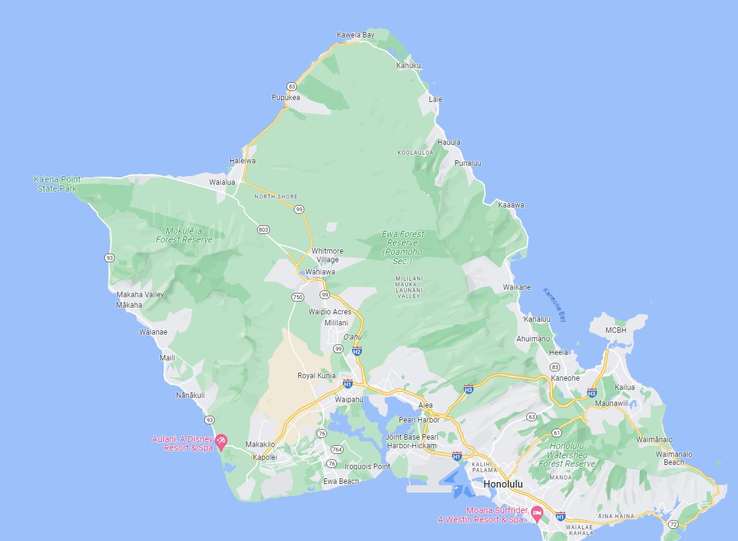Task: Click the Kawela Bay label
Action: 355,35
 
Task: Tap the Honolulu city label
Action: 503,484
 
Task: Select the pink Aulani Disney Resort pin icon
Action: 221,441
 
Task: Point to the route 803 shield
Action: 263,230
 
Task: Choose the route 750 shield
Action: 298,297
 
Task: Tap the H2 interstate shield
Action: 357,351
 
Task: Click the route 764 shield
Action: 336,450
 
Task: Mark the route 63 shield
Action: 531,418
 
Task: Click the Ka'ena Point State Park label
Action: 57,184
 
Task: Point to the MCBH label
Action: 616,330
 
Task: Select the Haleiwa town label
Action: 242,161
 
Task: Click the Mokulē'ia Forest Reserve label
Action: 184,235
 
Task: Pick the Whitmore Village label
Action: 328,255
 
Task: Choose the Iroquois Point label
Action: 367,467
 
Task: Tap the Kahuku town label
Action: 409,66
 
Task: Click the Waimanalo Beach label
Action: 674,458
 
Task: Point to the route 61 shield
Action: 556,433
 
